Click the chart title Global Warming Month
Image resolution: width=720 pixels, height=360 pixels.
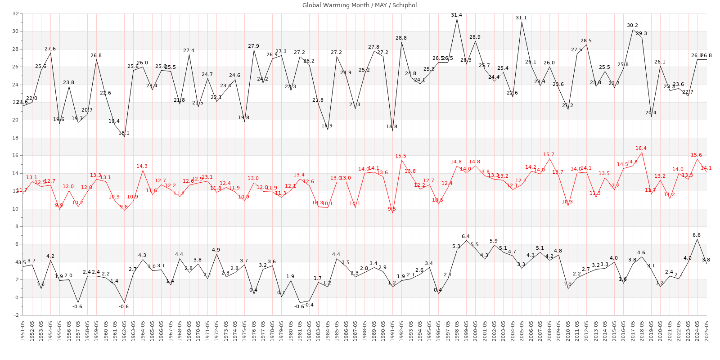click(360, 5)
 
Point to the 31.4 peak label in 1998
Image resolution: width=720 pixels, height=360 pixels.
click(456, 15)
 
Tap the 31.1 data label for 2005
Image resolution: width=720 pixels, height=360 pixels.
click(521, 18)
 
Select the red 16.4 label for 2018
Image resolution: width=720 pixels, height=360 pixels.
click(641, 148)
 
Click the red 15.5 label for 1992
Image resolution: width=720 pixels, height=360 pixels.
click(400, 156)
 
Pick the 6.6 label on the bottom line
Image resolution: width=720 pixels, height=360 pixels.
click(696, 235)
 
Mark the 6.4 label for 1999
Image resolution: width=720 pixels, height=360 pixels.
click(465, 237)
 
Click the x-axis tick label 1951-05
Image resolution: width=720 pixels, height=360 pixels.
click(22, 330)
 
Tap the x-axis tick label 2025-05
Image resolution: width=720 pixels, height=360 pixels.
click(706, 330)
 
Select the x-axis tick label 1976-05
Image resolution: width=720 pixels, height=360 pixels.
click(254, 330)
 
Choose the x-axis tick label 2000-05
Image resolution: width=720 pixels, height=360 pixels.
click(475, 330)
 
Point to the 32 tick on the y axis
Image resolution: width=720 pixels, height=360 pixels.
click(16, 14)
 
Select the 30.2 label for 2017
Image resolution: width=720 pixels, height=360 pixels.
click(632, 26)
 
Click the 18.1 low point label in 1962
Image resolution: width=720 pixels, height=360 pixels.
click(124, 133)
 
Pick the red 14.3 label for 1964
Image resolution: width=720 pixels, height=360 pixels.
click(142, 166)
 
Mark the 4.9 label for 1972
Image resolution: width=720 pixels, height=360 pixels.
click(216, 250)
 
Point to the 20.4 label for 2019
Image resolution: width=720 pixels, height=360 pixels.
click(651, 113)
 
